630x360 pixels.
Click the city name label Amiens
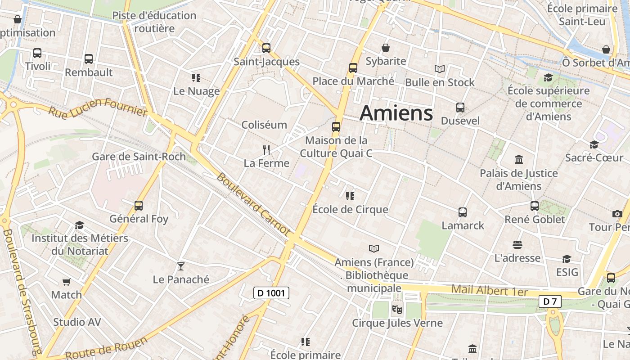396,112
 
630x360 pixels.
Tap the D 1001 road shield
271,293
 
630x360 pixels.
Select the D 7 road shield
550,301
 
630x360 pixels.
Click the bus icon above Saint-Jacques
266,48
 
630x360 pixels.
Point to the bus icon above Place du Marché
353,68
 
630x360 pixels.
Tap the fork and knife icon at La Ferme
266,149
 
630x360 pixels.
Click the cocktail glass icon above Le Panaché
181,266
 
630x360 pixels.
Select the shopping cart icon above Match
67,282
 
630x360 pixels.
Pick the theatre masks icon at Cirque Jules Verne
397,309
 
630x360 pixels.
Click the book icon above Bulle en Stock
440,69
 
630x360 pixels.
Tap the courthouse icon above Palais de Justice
519,159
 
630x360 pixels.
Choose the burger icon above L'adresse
517,245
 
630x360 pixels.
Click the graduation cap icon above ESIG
567,259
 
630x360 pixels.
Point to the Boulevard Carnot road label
253,204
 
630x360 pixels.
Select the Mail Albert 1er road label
489,290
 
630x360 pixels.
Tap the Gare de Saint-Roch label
139,157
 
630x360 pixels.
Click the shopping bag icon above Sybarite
386,48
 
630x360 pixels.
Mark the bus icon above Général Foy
139,206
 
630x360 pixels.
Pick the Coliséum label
264,125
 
